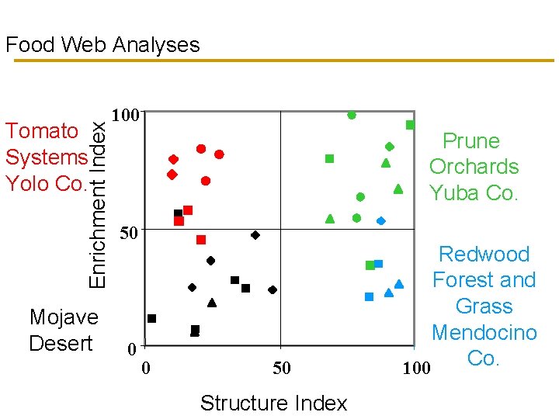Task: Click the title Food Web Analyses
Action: click(102, 45)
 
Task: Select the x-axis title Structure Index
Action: click(273, 403)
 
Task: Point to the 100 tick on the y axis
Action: click(126, 116)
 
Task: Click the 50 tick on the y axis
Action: click(130, 233)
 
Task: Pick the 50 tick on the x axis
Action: click(281, 368)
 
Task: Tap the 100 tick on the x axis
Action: click(416, 368)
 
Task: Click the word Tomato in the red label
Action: click(42, 130)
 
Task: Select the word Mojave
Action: click(64, 317)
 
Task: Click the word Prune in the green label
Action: click(471, 140)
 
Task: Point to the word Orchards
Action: click(474, 167)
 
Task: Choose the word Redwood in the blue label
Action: click(484, 255)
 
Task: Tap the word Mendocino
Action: click(484, 333)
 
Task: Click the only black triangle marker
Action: click(212, 303)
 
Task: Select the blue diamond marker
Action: click(381, 221)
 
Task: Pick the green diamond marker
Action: click(390, 146)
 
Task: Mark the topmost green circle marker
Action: click(352, 115)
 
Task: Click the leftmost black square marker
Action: click(152, 318)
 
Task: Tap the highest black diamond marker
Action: click(255, 234)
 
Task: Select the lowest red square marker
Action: click(201, 240)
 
